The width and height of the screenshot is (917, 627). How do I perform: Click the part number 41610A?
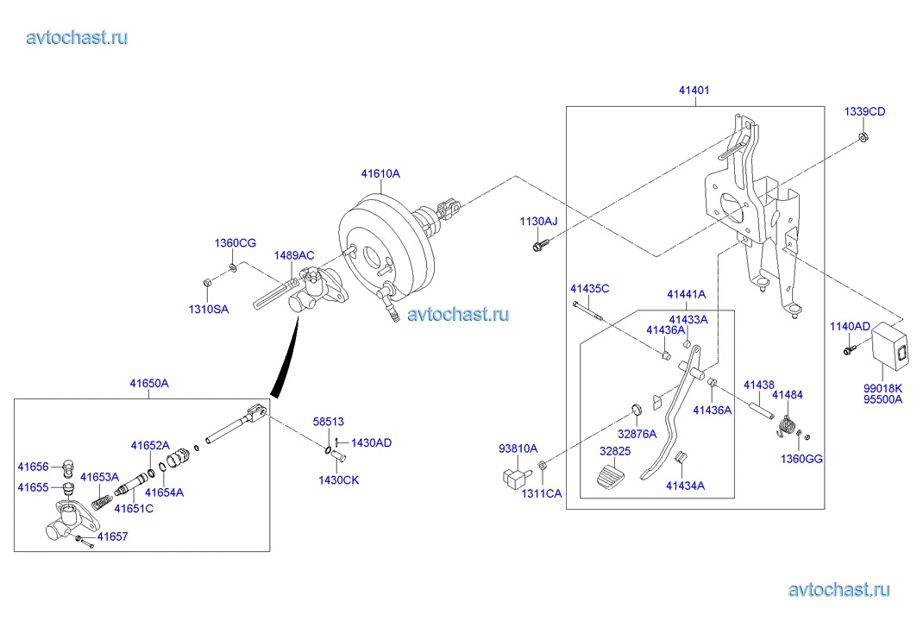(x=380, y=173)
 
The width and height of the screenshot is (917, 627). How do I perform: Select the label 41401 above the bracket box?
(x=694, y=90)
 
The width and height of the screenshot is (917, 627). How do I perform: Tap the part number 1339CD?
(x=864, y=112)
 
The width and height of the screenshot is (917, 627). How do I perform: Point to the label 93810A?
(x=518, y=448)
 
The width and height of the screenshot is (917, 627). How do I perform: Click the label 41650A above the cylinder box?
(x=149, y=383)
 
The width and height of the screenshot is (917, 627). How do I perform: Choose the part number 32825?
(x=615, y=450)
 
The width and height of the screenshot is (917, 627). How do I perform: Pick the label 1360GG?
(x=801, y=459)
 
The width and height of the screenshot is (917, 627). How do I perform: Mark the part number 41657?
(x=112, y=536)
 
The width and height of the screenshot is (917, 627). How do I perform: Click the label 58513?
(x=328, y=422)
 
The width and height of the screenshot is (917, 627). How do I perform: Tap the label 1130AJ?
(x=538, y=222)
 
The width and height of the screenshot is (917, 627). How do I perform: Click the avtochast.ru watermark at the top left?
(x=78, y=37)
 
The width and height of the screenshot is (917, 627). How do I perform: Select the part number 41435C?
(x=589, y=288)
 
